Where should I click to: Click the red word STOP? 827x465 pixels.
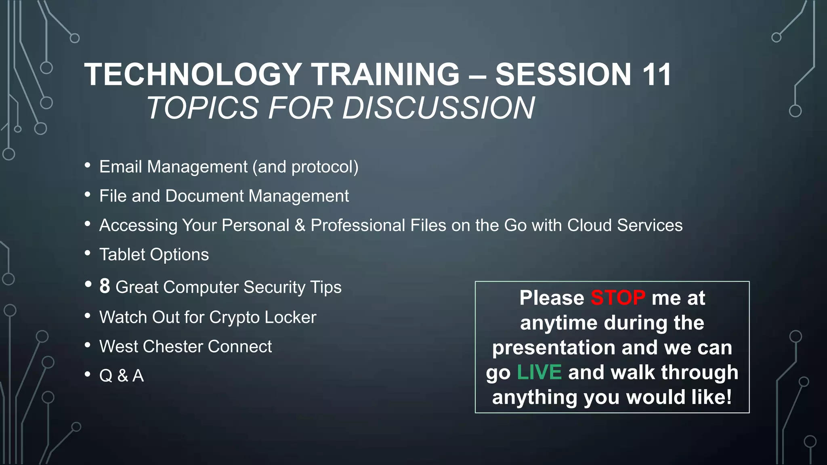tap(618, 298)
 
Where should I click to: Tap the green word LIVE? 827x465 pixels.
tap(539, 372)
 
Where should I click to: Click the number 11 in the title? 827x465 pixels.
tap(657, 75)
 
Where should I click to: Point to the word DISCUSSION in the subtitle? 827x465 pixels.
tap(439, 108)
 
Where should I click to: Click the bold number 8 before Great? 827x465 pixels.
tap(105, 286)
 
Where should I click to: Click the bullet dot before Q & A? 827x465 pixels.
tap(88, 374)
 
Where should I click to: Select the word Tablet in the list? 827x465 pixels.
tap(122, 255)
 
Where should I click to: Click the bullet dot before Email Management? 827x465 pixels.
tap(88, 165)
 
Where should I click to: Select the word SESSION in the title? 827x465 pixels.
tap(563, 75)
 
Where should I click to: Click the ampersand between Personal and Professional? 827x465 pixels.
tap(300, 226)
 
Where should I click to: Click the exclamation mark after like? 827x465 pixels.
tap(728, 397)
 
